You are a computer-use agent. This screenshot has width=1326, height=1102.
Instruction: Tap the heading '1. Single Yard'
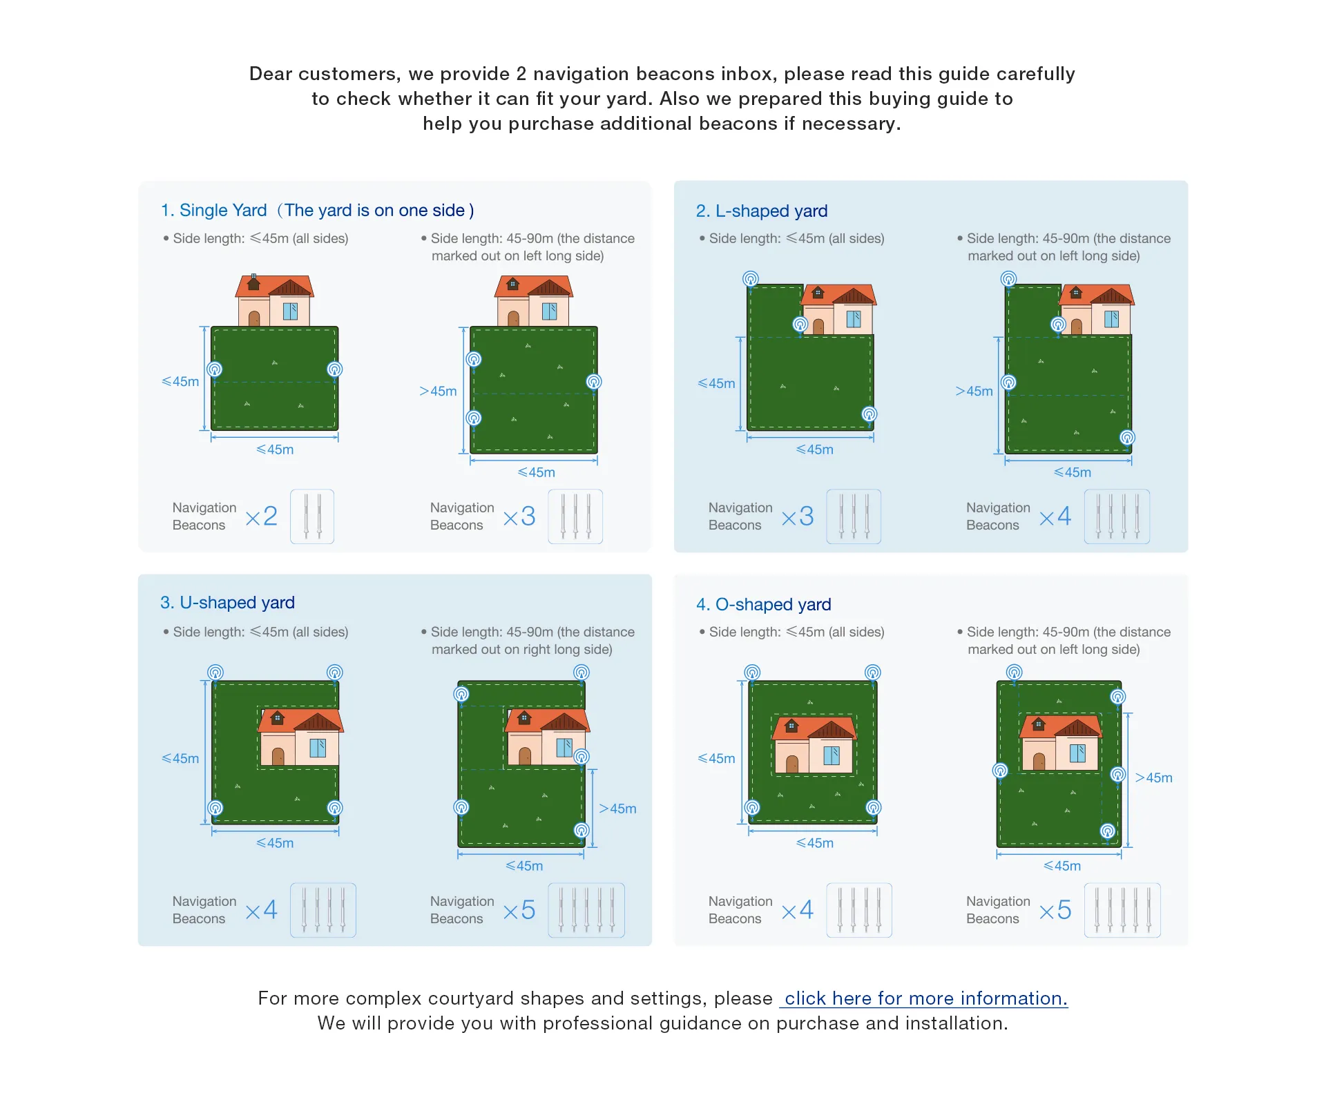click(x=213, y=210)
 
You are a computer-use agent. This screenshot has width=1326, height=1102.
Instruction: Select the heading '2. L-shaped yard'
click(x=762, y=211)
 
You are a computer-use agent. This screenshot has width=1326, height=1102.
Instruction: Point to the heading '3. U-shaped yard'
click(x=227, y=603)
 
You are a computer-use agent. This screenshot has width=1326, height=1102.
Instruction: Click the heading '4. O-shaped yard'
click(x=763, y=604)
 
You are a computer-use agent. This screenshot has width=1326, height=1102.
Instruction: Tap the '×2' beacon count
click(x=261, y=516)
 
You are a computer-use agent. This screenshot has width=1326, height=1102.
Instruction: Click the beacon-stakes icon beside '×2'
click(x=312, y=516)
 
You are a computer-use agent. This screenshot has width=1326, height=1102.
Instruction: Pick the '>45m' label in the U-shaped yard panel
click(x=617, y=809)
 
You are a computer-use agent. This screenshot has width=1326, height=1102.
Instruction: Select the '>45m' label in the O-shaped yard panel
click(x=1153, y=777)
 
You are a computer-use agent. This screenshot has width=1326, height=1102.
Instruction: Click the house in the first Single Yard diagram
click(x=275, y=300)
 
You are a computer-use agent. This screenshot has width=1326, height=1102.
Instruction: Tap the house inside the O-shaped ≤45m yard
click(x=814, y=744)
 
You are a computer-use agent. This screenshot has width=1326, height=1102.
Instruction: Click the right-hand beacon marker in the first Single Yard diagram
click(x=335, y=370)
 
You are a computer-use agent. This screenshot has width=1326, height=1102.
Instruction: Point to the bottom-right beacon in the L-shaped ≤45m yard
click(x=869, y=414)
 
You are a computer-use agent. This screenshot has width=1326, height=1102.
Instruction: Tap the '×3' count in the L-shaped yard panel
click(x=798, y=516)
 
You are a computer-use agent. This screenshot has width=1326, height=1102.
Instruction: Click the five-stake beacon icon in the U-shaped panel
click(x=586, y=910)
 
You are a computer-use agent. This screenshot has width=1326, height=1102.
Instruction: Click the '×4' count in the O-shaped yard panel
click(x=798, y=910)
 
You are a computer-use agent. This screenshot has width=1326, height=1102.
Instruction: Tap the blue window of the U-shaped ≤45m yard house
click(x=318, y=748)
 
